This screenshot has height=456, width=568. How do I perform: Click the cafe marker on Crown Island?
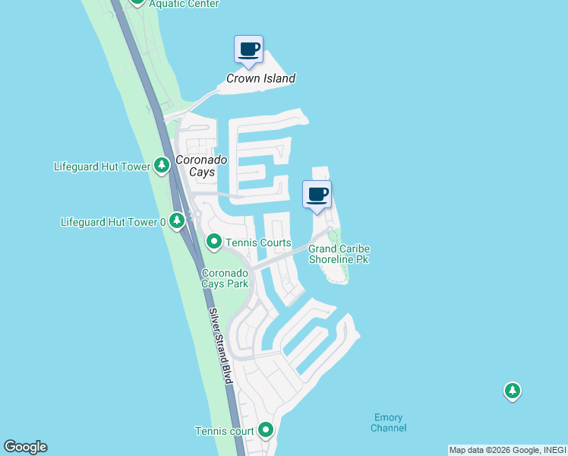pyautogui.click(x=248, y=50)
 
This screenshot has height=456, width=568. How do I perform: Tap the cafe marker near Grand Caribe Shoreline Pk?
pyautogui.click(x=317, y=195)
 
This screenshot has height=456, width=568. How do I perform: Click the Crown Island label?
pyautogui.click(x=261, y=78)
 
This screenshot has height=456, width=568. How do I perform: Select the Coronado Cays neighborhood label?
pyautogui.click(x=195, y=166)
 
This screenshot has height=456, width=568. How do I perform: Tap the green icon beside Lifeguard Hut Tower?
pyautogui.click(x=161, y=165)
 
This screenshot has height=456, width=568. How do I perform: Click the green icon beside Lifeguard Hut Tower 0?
pyautogui.click(x=177, y=221)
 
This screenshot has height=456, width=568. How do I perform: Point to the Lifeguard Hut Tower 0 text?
pyautogui.click(x=113, y=222)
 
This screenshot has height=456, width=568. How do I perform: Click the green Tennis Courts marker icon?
pyautogui.click(x=214, y=242)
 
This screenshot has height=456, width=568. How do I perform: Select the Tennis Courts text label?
pyautogui.click(x=258, y=243)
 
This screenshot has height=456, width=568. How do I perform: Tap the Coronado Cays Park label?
pyautogui.click(x=225, y=278)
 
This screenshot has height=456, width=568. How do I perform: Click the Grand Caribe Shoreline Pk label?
pyautogui.click(x=339, y=254)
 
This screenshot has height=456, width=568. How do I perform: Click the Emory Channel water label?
pyautogui.click(x=389, y=423)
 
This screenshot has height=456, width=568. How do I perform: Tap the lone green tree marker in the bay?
pyautogui.click(x=513, y=391)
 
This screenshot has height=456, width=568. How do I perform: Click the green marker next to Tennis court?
pyautogui.click(x=266, y=431)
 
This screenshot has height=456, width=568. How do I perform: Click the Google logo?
pyautogui.click(x=25, y=447)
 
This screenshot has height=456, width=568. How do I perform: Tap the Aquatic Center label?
pyautogui.click(x=184, y=4)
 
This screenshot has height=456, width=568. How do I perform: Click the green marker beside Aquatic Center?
pyautogui.click(x=137, y=2)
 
